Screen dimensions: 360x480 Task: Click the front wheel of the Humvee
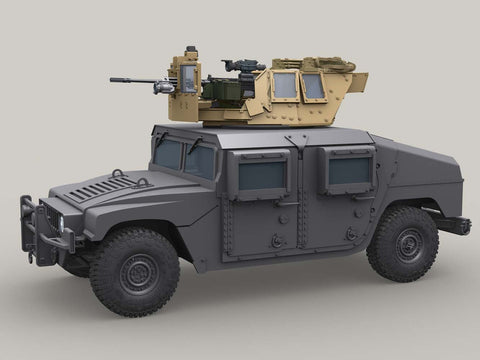click(136, 272)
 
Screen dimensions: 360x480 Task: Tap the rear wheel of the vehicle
click(401, 244)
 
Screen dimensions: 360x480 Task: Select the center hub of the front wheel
click(137, 273)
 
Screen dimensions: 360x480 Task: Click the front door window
click(261, 176)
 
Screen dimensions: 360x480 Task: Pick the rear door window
click(349, 170)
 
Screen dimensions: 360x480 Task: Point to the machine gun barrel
click(130, 80)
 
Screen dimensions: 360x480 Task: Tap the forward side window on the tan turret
click(285, 86)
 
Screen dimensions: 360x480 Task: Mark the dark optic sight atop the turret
click(244, 66)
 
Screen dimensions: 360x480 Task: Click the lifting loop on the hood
click(117, 174)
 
